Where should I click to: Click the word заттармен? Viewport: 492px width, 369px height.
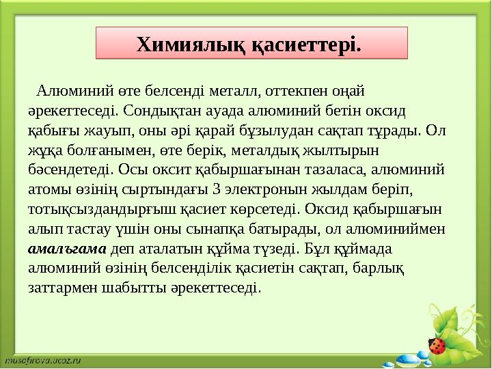point(62,288)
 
